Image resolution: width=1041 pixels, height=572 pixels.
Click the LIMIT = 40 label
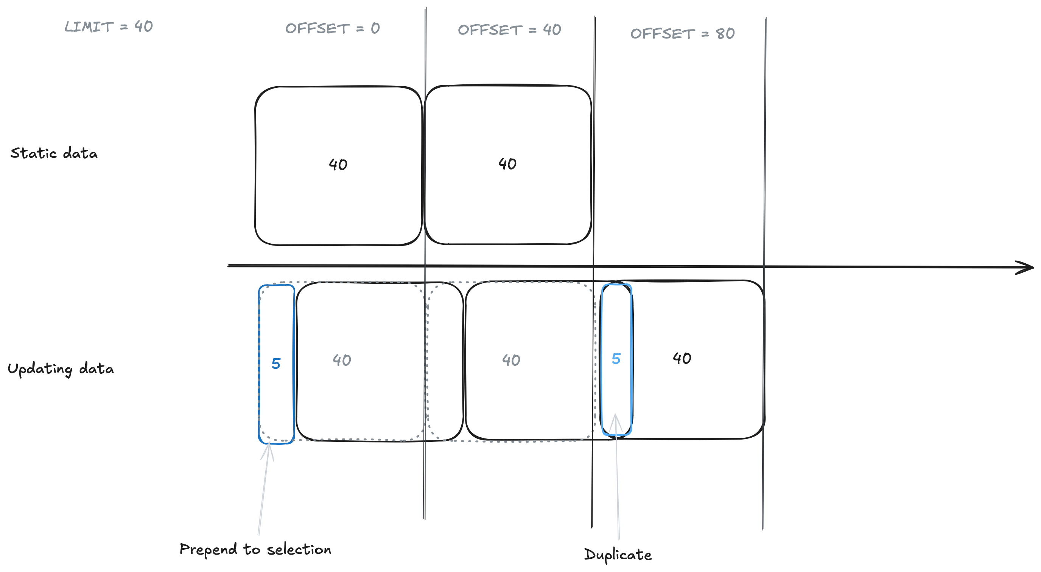click(108, 26)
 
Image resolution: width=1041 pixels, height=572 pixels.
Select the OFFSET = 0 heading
click(332, 28)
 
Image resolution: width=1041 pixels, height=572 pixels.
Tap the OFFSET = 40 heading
click(509, 30)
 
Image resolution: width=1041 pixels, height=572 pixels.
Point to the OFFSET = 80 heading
click(682, 34)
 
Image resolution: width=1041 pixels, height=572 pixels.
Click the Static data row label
click(54, 154)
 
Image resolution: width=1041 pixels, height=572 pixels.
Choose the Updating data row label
click(61, 369)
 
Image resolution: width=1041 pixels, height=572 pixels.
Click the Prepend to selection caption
click(255, 549)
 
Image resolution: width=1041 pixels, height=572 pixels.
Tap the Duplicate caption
click(618, 555)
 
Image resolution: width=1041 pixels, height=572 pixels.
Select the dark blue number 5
click(276, 364)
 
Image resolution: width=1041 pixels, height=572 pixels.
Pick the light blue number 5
click(616, 359)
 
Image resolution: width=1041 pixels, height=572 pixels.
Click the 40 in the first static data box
click(338, 165)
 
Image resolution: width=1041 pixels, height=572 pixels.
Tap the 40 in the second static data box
click(507, 163)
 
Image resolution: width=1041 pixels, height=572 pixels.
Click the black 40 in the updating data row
click(682, 358)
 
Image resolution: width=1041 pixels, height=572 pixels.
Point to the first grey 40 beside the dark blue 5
click(342, 360)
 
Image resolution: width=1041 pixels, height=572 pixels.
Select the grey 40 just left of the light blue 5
click(511, 360)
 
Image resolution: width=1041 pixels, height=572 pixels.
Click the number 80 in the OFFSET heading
click(725, 34)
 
